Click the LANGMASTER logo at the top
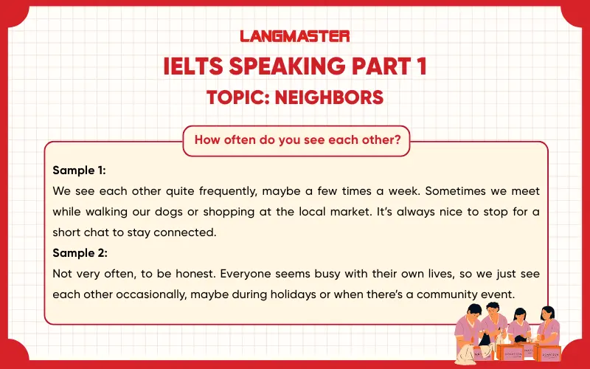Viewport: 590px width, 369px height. pyautogui.click(x=295, y=35)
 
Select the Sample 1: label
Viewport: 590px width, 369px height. pyautogui.click(x=80, y=170)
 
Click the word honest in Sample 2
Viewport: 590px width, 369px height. pyautogui.click(x=195, y=273)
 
